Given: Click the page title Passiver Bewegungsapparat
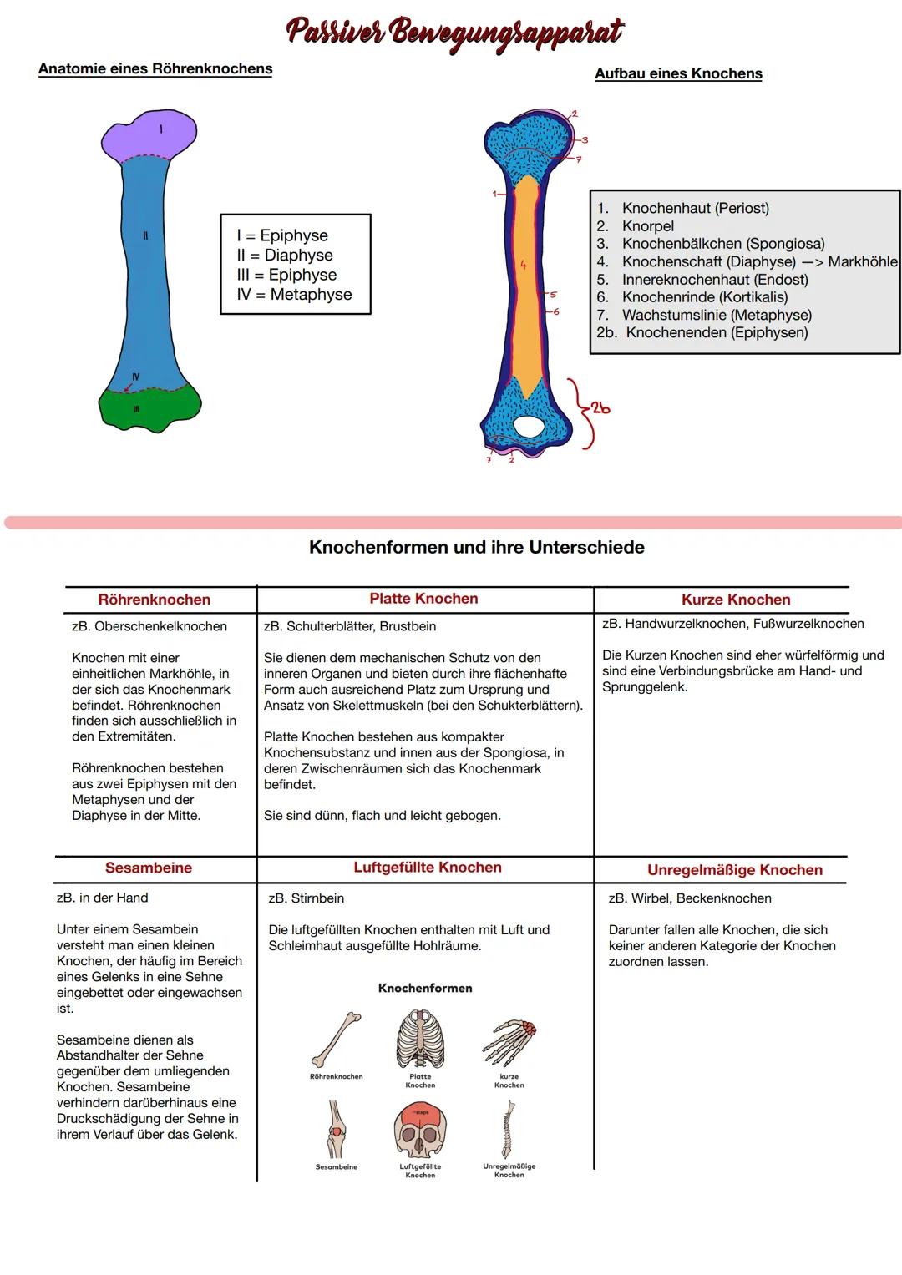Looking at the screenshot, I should point(454,33).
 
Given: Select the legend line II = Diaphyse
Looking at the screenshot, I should point(285,256).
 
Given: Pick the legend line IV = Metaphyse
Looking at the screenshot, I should point(294,295).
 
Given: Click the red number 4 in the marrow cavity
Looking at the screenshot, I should point(524,266).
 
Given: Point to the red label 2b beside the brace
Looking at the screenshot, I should point(600,408).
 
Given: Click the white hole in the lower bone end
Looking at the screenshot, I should point(527,426).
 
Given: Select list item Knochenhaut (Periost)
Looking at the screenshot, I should point(695,209).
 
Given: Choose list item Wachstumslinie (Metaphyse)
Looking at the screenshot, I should point(716,315).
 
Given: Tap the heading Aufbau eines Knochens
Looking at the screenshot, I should point(678,74).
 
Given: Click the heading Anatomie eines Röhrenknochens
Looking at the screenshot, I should point(155,69).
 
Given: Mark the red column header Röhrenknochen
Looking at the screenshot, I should point(155,600).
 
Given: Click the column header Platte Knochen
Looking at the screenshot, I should point(424,599).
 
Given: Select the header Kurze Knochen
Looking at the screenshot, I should point(736,600).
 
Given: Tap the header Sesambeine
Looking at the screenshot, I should point(149,868).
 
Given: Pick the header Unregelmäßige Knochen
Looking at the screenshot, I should point(735,870).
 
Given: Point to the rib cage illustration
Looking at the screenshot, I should point(420,1040).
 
